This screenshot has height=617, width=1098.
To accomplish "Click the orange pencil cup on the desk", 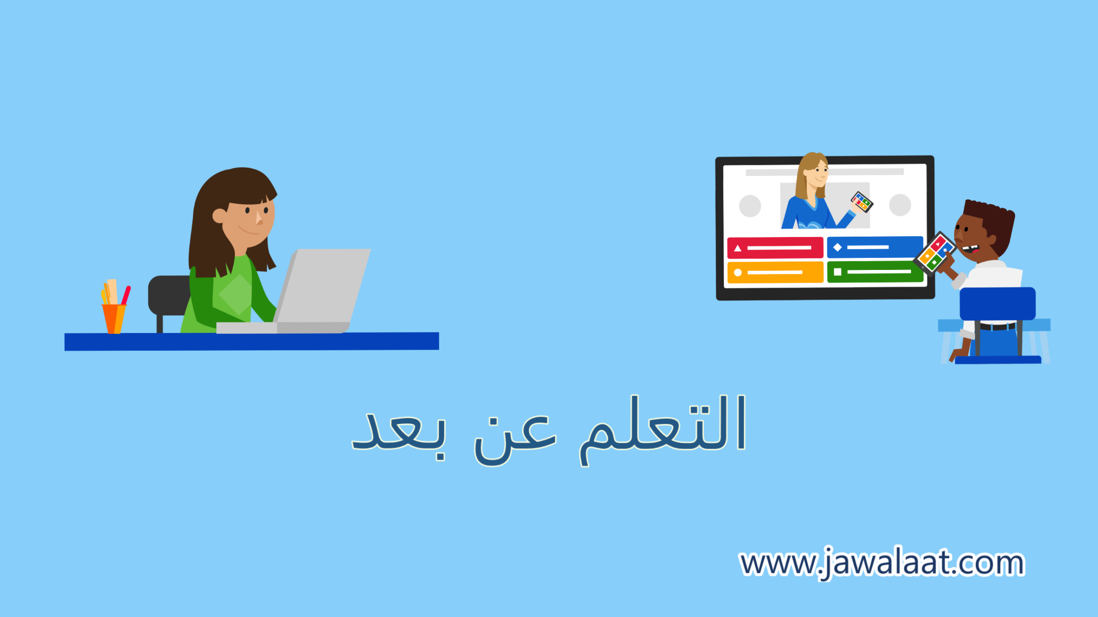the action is click(x=114, y=319).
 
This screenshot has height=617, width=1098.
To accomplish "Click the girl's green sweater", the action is click(x=227, y=296).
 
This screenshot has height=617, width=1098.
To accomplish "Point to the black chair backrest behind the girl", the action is click(x=169, y=296).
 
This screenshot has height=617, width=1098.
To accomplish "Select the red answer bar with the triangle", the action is click(x=775, y=248).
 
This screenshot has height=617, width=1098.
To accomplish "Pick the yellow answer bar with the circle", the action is click(x=775, y=273).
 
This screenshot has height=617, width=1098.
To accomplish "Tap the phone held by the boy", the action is click(x=935, y=253).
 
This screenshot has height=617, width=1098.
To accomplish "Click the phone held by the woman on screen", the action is click(x=862, y=202).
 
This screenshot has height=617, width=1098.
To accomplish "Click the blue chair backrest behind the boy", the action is click(x=997, y=304).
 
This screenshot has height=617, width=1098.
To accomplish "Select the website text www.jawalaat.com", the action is click(x=882, y=563).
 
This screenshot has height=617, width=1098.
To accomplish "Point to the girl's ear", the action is click(x=219, y=216).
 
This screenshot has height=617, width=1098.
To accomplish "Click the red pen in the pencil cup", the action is click(x=126, y=296).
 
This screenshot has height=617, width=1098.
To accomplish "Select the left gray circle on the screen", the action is click(x=750, y=206).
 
